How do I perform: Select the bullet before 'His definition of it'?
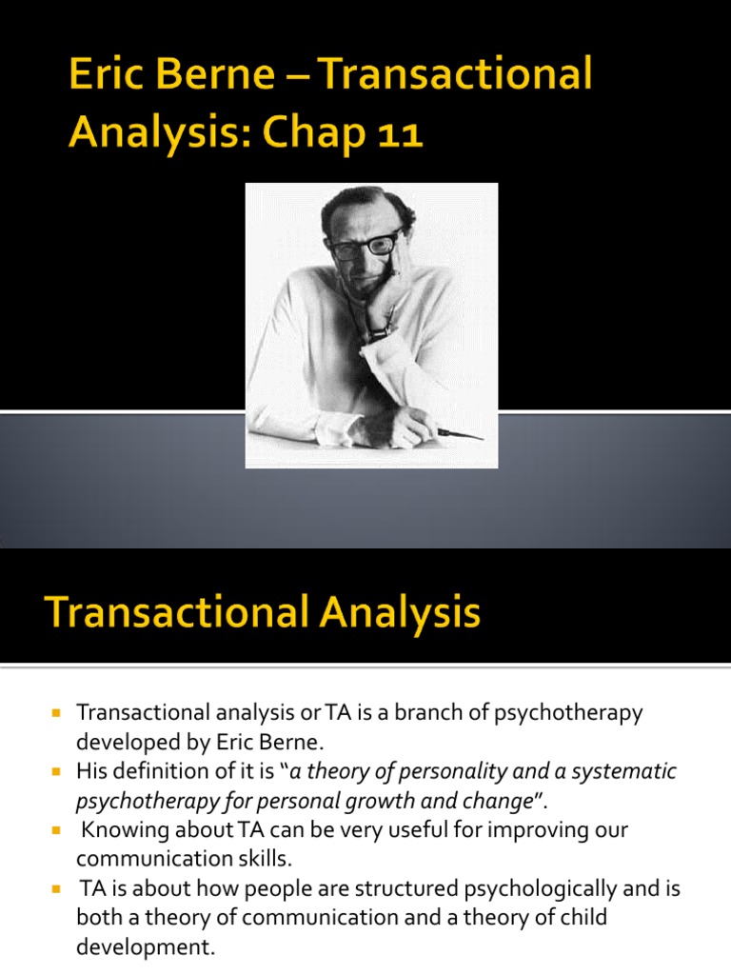pos(56,771)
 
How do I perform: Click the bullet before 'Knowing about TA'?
pos(56,830)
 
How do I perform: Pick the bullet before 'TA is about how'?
pos(56,889)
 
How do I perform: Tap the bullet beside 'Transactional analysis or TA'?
pos(56,712)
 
